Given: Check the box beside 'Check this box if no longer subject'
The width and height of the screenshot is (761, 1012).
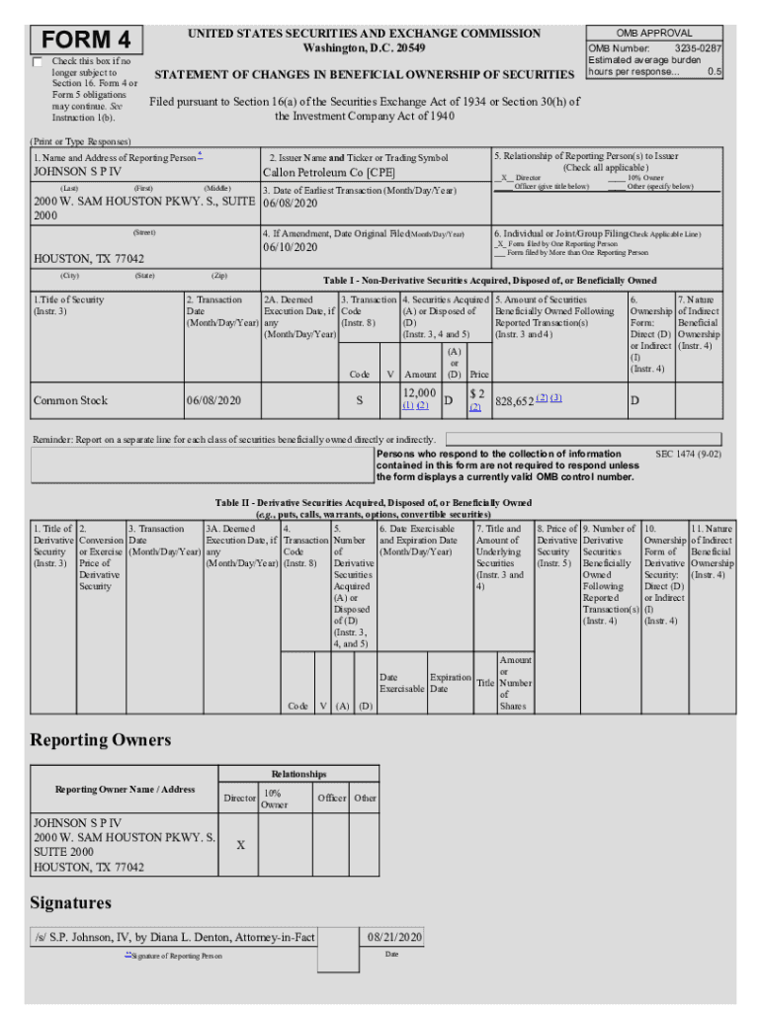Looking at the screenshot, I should pyautogui.click(x=39, y=62).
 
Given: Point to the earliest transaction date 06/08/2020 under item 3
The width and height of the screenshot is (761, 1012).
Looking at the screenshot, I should pyautogui.click(x=291, y=205).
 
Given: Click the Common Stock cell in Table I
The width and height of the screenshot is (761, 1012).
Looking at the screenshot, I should pyautogui.click(x=70, y=400).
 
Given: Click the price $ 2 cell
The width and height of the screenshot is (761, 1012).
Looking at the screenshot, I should pyautogui.click(x=476, y=393).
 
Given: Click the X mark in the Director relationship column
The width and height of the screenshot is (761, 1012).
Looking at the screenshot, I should pyautogui.click(x=240, y=845).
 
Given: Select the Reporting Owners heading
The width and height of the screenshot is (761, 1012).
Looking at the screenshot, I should pyautogui.click(x=100, y=740).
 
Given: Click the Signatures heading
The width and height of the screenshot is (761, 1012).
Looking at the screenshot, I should pyautogui.click(x=70, y=902).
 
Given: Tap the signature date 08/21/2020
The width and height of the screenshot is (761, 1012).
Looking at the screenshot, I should pyautogui.click(x=394, y=936).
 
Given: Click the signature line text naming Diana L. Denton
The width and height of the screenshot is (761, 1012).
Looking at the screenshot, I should pyautogui.click(x=174, y=937).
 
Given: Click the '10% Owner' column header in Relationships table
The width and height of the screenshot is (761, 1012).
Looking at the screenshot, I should pyautogui.click(x=274, y=799).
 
